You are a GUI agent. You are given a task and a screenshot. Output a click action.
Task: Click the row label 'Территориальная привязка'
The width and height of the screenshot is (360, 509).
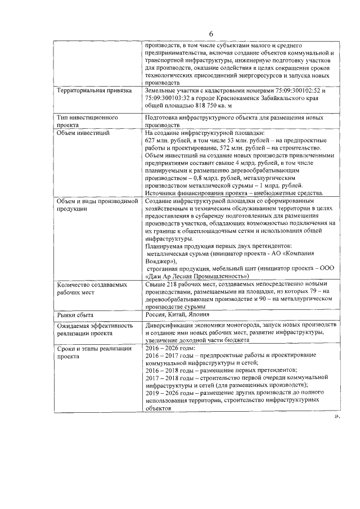tap(94, 90)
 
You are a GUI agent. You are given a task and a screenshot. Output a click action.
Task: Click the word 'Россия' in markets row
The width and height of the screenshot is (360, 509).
tap(155, 314)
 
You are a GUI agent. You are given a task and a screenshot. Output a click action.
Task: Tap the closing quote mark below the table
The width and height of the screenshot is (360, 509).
tap(337, 417)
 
